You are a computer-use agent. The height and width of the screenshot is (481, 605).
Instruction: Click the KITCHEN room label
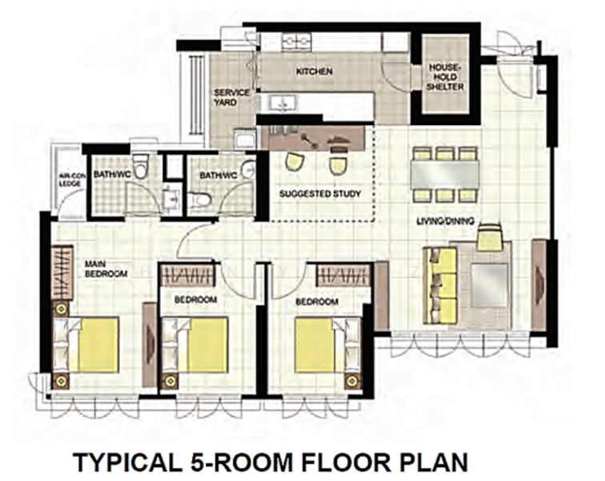[x=314, y=72]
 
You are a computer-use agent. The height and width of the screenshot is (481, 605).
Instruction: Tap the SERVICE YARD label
[x=231, y=97]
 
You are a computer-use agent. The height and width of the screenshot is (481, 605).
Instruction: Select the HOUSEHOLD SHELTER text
[x=446, y=77]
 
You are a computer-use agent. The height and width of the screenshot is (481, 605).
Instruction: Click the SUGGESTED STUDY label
[x=320, y=194]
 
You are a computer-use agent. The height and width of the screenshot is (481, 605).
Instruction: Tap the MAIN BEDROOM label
[x=106, y=269]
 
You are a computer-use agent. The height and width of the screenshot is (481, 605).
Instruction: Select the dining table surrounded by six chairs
[x=445, y=173]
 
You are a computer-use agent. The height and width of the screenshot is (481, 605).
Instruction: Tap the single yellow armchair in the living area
[x=489, y=240]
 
